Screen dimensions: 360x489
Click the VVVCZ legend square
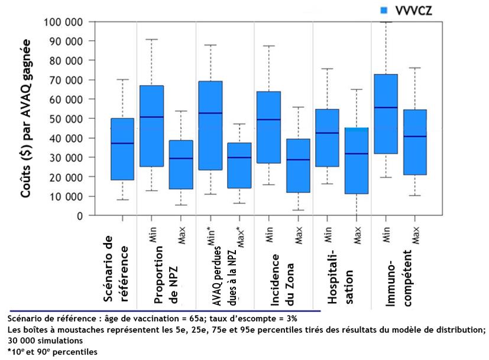click(x=383, y=10)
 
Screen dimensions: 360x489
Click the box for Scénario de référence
click(x=122, y=149)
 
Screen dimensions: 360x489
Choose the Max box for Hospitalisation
click(x=357, y=160)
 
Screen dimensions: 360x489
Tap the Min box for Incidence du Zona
click(x=268, y=127)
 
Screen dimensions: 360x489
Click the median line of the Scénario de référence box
click(x=122, y=143)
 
